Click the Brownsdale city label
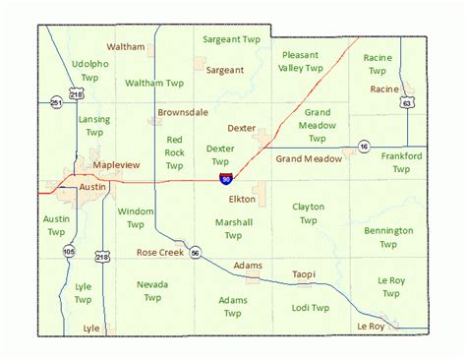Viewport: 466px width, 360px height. point(183,112)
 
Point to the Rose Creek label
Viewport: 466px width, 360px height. point(160,253)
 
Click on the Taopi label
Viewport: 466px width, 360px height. point(303,274)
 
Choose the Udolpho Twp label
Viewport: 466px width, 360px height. point(90,70)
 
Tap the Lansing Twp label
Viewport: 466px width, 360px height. point(94,125)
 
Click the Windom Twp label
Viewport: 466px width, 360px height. point(136,217)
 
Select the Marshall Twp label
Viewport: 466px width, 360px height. point(233,228)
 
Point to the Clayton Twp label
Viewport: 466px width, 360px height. point(308,213)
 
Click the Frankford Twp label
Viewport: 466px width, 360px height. point(401,162)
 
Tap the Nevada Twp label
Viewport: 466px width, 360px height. point(152,291)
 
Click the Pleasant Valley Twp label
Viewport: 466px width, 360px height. point(301,61)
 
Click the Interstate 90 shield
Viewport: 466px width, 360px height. point(225,179)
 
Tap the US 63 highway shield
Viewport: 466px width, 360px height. point(405,101)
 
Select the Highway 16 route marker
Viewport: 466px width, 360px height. point(363,147)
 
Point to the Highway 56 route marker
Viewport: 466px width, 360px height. point(196,253)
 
